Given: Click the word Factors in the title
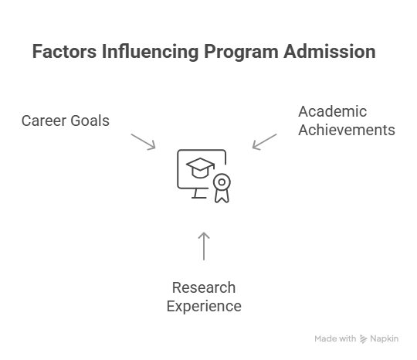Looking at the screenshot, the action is point(64,51).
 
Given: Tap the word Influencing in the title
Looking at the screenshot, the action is point(151,52).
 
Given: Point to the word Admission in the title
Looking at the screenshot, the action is point(330,51).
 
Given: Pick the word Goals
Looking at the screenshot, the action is point(90,121).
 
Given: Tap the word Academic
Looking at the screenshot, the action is point(332,111).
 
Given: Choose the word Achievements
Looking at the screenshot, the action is point(347,130).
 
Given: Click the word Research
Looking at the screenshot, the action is point(204,287).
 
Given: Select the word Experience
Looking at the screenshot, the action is point(204,306).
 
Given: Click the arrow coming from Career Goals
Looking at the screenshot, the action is point(143,141).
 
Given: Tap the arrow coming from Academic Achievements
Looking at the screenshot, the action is point(265,141).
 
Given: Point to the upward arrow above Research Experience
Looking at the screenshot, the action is point(204,246).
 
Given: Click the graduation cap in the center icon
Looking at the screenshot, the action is point(200,168).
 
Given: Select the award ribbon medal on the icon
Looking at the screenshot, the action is point(222,188).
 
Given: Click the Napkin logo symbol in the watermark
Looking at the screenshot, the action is point(363,339).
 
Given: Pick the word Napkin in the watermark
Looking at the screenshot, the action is point(385,339).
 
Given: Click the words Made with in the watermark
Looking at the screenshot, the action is point(335,338).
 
